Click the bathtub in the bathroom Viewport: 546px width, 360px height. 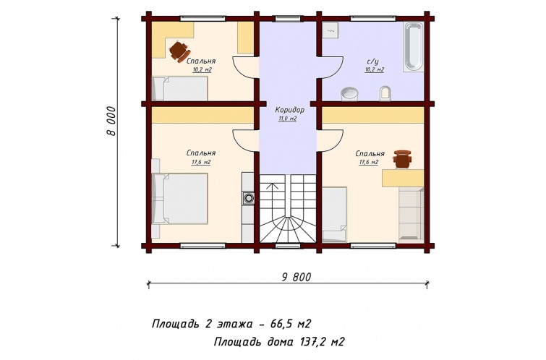[414, 48]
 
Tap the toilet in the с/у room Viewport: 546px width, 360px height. [385, 93]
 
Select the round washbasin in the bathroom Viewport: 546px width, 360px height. [349, 94]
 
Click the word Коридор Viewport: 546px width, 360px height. [290, 110]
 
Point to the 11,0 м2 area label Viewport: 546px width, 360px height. [287, 119]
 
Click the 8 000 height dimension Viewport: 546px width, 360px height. [111, 121]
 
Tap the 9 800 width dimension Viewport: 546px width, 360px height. [296, 277]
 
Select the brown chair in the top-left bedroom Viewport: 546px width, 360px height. [179, 51]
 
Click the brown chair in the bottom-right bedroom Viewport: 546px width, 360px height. [402, 159]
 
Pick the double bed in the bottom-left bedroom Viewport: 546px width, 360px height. [180, 199]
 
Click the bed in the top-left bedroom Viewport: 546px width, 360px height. [180, 88]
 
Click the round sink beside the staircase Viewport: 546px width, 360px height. [248, 198]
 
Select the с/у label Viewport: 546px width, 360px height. [372, 61]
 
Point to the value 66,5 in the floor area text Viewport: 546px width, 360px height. [281, 324]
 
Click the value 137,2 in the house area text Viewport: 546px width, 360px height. [312, 342]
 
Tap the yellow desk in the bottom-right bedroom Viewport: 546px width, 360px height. [404, 179]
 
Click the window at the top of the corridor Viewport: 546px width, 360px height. [288, 19]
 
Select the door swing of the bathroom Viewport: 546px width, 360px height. [330, 67]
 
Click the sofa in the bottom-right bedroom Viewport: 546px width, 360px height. [411, 215]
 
